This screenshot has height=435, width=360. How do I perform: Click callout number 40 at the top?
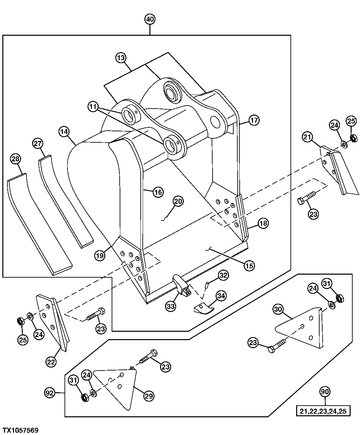point(150,19)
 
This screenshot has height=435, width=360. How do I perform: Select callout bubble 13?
point(121,58)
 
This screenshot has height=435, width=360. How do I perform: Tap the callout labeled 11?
point(93,107)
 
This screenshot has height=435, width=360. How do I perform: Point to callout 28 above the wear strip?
point(15,159)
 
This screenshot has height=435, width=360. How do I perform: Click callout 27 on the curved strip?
point(38,144)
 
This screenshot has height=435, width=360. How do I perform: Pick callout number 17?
point(254,120)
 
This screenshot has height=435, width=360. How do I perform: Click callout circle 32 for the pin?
point(223,276)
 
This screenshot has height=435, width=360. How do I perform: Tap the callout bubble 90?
point(325,391)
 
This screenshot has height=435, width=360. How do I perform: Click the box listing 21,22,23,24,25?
point(323,411)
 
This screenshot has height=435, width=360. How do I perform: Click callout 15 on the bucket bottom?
point(249,266)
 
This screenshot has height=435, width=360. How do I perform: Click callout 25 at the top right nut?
point(351,121)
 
